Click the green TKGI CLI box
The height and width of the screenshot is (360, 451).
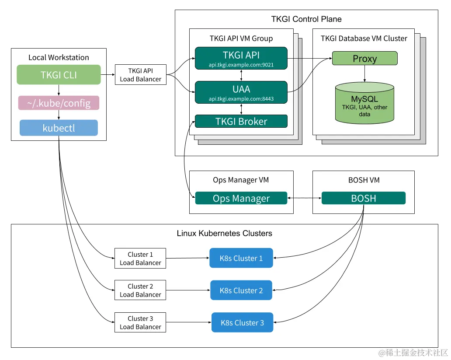(59, 75)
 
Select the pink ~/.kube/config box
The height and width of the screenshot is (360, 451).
(59, 103)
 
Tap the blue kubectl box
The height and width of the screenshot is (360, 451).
(59, 128)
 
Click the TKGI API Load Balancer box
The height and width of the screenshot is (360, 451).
(140, 75)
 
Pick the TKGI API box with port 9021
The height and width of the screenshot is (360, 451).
(241, 58)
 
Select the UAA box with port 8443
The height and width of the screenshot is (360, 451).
(241, 92)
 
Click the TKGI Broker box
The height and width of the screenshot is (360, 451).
(241, 121)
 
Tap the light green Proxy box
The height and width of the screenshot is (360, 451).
(364, 59)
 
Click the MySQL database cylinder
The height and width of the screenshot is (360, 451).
(364, 103)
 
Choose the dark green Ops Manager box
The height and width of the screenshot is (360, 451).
(241, 198)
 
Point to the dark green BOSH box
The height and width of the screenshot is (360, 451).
(363, 198)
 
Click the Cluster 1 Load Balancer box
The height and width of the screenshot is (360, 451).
(140, 259)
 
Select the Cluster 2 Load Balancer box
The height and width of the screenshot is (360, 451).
(140, 290)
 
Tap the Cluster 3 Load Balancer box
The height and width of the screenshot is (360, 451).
(140, 323)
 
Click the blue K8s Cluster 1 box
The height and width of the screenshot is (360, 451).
(241, 258)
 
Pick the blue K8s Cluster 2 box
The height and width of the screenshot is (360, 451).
(241, 290)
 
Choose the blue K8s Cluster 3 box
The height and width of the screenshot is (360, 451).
(242, 323)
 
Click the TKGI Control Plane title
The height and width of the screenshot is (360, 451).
(306, 19)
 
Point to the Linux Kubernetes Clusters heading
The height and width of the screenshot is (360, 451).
(224, 233)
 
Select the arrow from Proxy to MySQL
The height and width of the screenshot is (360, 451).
(364, 73)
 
